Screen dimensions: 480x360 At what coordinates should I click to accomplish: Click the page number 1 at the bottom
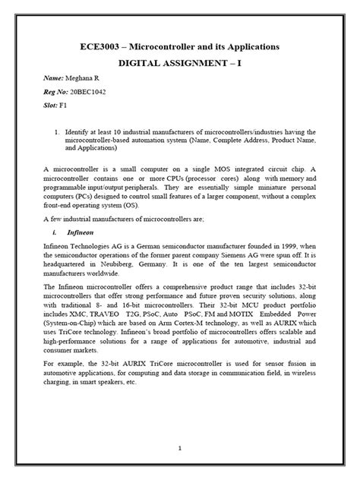179,448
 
